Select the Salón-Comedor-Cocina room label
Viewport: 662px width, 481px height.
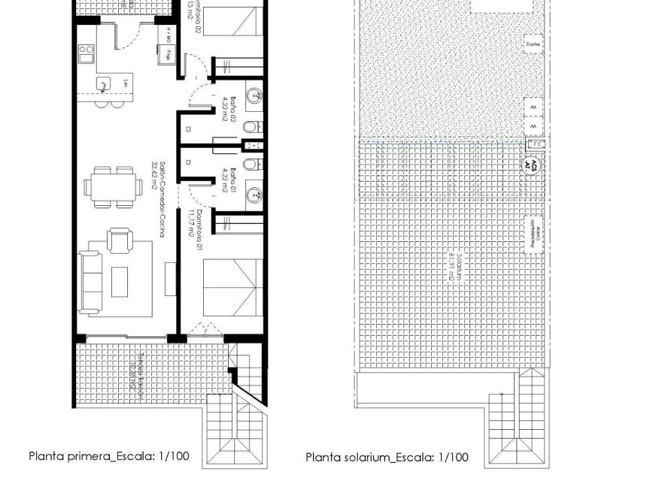coord(159,199)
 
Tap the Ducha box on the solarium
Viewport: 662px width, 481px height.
coord(533,44)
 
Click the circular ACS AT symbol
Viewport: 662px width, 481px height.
coord(532,165)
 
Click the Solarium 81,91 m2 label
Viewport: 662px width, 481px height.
coord(449,265)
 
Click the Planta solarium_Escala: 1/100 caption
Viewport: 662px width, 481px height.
coord(386,456)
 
